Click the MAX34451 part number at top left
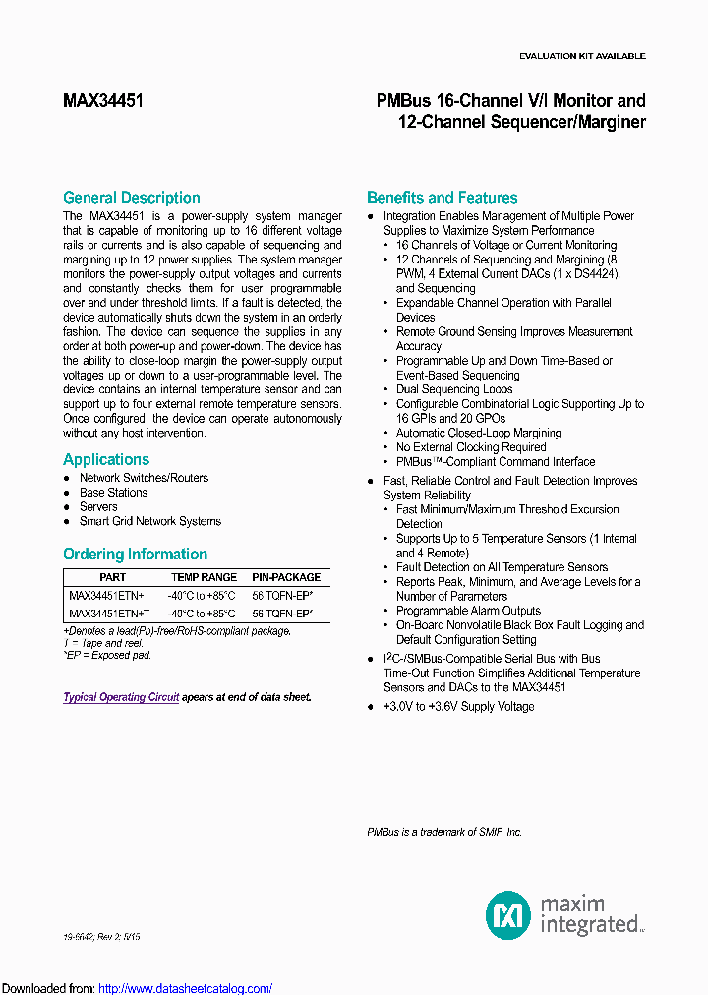[103, 100]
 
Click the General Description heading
[132, 198]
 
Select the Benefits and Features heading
[442, 198]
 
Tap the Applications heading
[106, 460]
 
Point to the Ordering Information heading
[135, 555]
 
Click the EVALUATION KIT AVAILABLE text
[582, 56]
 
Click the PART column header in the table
[113, 578]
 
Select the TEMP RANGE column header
[204, 578]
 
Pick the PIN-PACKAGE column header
[286, 578]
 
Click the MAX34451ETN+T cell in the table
[109, 613]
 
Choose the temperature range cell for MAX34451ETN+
[202, 596]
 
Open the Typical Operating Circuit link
[121, 697]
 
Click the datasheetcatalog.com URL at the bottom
[186, 989]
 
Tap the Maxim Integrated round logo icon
[508, 915]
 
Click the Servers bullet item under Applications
[98, 507]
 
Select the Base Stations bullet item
[113, 493]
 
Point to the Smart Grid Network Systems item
[149, 522]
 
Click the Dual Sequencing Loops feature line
[454, 389]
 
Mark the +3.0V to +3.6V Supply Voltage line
[458, 707]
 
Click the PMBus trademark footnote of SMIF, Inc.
[444, 833]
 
